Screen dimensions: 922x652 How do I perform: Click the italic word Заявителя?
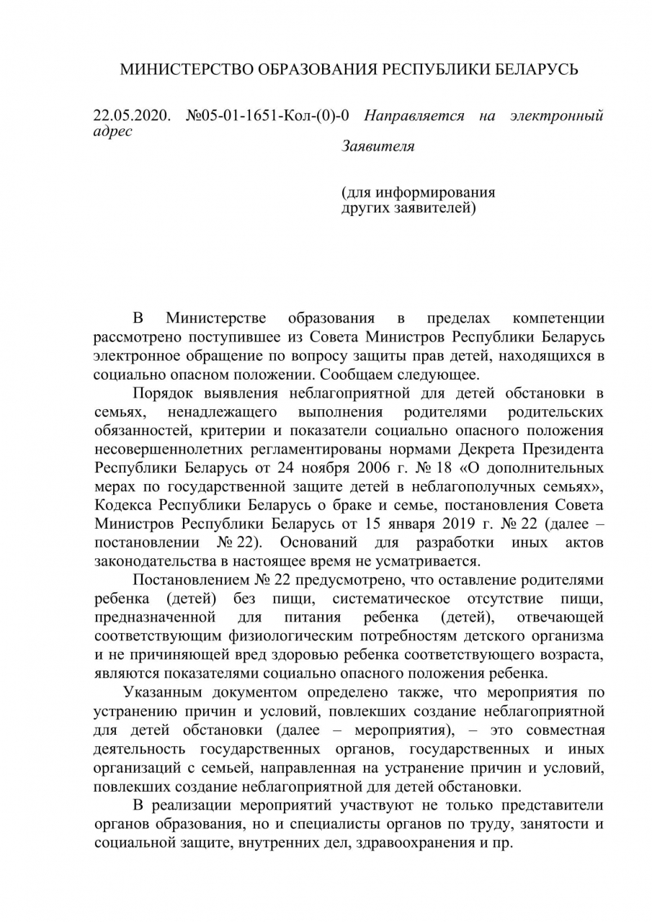pyautogui.click(x=378, y=146)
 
